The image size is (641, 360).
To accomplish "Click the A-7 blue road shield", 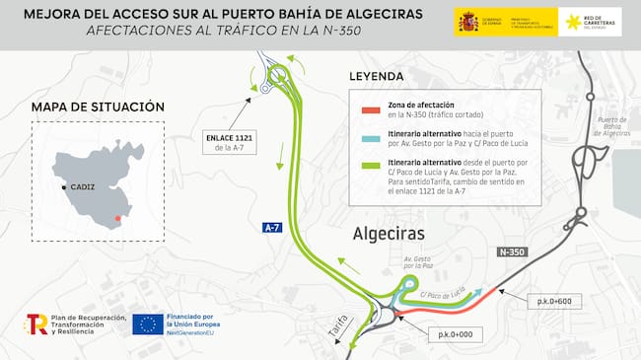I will pos(272,228).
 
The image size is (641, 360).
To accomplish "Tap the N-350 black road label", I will pos(512,252).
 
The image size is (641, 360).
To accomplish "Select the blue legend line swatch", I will pos(372,137).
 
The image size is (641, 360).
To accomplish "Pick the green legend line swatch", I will pos(372,165).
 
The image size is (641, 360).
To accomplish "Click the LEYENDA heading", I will pos(377,76).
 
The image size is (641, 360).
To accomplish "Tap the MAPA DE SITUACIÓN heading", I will pos(98,107).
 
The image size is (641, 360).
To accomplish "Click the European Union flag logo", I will pos(148,324).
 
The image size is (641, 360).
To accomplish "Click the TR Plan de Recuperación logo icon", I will pos(37,324).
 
